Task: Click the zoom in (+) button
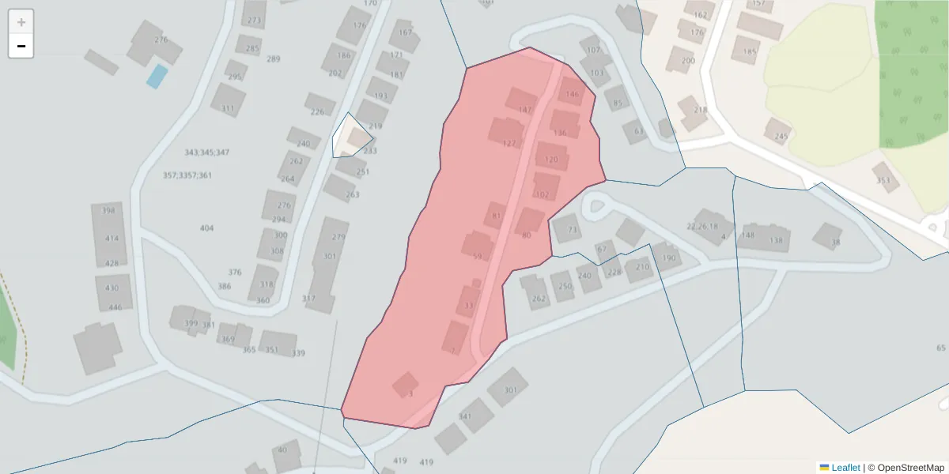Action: click(x=21, y=22)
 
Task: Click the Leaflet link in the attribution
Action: click(x=845, y=468)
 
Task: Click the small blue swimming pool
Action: click(x=157, y=77)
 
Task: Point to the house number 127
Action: click(x=509, y=144)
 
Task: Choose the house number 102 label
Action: click(x=542, y=194)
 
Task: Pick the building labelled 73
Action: click(x=566, y=228)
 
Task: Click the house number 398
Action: click(x=109, y=210)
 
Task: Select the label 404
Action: click(x=206, y=228)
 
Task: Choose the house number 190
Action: click(x=668, y=258)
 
